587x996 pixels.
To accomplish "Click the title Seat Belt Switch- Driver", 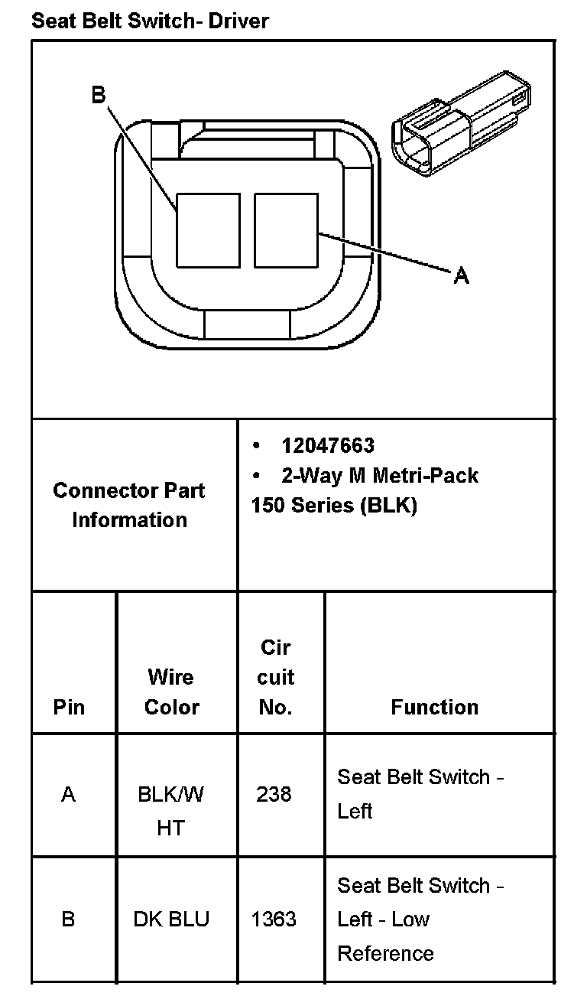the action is [150, 21].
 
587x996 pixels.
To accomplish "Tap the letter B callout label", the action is [98, 95].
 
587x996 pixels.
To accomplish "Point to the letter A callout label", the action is [461, 275].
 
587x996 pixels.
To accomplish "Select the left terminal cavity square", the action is [208, 229].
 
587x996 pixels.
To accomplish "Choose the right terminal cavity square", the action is [285, 229].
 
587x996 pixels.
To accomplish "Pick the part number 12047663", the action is [328, 445].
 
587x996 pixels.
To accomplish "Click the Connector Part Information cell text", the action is [129, 505].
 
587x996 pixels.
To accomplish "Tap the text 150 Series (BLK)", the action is [334, 506].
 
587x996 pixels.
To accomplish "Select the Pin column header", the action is [69, 707].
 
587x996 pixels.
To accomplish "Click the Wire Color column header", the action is [171, 692].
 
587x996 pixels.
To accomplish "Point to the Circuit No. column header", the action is [276, 677].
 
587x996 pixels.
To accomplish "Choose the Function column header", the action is [434, 707].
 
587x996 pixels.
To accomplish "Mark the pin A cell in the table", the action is [69, 795].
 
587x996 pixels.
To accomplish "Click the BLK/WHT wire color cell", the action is [171, 811].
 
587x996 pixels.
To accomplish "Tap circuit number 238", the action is [274, 795].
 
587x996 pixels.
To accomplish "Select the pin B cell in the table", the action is [68, 919].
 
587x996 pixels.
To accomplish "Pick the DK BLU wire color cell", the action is [171, 919].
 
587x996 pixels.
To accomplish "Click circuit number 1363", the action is [274, 919].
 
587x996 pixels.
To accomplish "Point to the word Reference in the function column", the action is [385, 953].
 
